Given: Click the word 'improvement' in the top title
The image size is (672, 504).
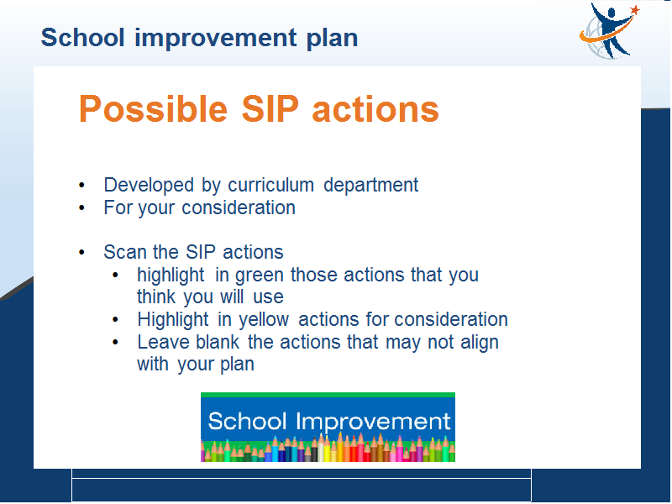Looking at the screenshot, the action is (216, 39).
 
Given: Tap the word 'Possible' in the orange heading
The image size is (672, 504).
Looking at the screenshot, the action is (153, 109).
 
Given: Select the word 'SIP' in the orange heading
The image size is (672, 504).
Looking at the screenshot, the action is (270, 109).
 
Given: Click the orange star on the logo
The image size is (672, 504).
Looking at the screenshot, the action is (635, 10).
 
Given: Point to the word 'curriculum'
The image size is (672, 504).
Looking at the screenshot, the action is (270, 185).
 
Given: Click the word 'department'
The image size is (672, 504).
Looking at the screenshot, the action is (370, 186).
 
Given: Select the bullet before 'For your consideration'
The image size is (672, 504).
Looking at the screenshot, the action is (81, 207).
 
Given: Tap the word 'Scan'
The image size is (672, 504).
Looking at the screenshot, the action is (124, 252).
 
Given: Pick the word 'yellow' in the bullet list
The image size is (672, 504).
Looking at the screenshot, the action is (264, 320).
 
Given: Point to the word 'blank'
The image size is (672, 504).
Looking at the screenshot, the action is (218, 342).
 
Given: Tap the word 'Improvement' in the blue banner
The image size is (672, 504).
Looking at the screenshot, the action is (373, 423).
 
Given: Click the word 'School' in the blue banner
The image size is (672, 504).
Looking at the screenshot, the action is (247, 421).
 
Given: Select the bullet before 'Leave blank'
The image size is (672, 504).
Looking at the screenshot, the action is (115, 343).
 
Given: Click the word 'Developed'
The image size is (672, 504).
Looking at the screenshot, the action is (149, 186).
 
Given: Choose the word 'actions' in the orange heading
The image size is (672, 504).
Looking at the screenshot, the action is (375, 110).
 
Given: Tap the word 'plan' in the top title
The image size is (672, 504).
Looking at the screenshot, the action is (332, 39).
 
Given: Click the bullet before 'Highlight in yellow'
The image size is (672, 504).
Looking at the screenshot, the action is (115, 320).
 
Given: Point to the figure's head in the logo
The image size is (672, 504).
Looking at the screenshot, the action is (612, 13).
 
